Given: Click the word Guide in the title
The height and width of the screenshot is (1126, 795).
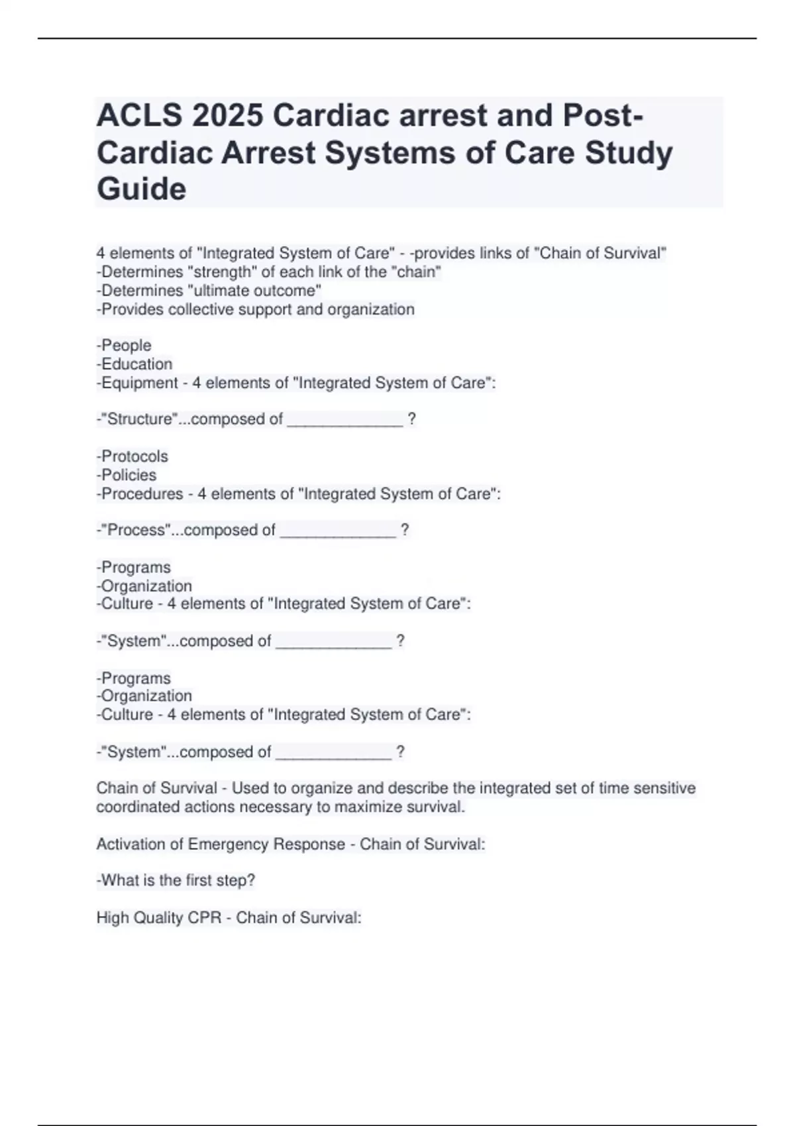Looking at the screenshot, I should tap(141, 189).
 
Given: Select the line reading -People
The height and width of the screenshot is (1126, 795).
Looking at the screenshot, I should tap(124, 345).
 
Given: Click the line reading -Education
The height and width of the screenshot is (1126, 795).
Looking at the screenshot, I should tap(134, 364).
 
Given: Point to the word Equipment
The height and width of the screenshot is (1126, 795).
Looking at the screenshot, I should tap(140, 383).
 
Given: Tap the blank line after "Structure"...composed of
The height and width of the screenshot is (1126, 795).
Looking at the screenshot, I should tap(344, 420).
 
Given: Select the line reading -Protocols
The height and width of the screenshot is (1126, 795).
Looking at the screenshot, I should tap(132, 456).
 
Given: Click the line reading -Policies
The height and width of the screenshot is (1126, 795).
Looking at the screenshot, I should tap(127, 475).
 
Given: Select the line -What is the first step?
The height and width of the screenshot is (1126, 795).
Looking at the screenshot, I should tap(176, 880).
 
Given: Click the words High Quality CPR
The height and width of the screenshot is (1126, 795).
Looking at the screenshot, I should tap(159, 917).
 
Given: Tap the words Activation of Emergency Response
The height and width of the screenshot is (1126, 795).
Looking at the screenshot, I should tap(221, 844).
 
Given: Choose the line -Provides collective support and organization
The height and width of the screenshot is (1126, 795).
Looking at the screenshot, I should tap(256, 309).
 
